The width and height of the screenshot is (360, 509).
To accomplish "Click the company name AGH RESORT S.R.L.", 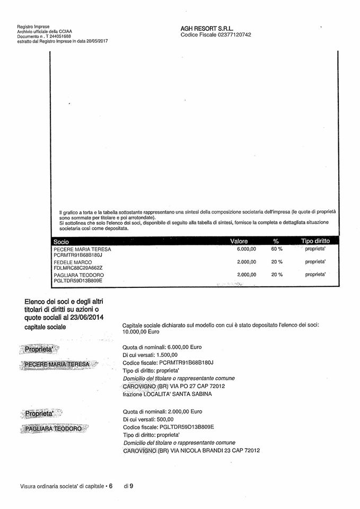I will click(x=207, y=29).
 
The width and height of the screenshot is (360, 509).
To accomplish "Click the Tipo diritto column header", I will click(x=315, y=241).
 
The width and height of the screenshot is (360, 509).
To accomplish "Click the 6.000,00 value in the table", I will click(x=246, y=249).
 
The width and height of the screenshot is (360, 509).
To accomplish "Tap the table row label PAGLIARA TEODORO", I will click(x=78, y=275).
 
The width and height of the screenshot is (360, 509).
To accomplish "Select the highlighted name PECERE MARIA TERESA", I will click(x=59, y=365).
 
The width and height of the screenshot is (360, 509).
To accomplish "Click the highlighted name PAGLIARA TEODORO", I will click(x=55, y=428).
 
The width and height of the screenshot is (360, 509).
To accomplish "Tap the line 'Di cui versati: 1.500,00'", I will click(x=150, y=355).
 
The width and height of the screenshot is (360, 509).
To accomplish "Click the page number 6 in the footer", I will click(x=111, y=485).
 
